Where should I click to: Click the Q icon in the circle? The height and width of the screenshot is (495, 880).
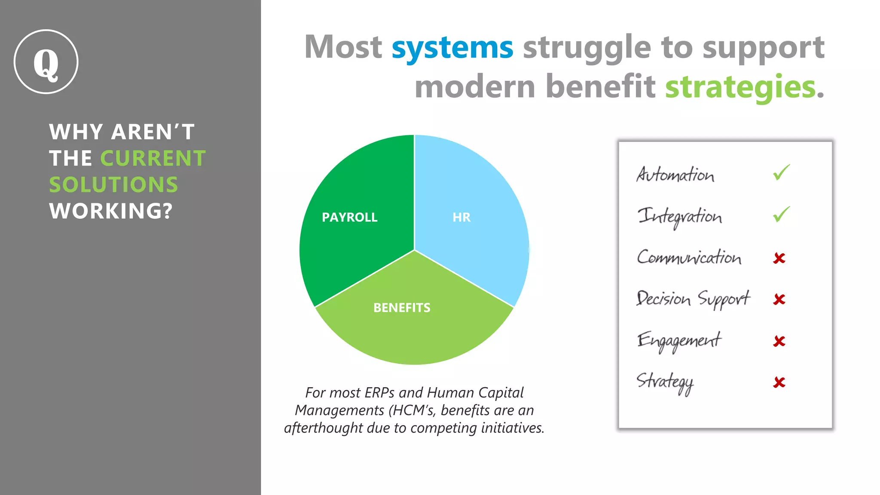[46, 62]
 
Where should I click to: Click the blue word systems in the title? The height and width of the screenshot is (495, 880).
[452, 48]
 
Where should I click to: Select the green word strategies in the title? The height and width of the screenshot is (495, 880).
[740, 87]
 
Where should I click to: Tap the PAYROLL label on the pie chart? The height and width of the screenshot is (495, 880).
[349, 217]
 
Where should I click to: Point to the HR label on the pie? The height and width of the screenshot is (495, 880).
[461, 217]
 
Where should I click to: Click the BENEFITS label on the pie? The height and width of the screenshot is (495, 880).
[402, 308]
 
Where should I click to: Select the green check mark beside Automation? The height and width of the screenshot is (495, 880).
[781, 173]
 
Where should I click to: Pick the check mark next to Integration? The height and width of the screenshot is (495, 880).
[781, 214]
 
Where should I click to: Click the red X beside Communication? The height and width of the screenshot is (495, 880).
[779, 258]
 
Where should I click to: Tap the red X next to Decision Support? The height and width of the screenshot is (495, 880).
[779, 299]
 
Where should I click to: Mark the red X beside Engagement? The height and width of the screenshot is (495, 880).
[779, 341]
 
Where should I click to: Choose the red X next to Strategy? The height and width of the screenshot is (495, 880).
[779, 382]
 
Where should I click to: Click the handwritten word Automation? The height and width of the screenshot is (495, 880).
[675, 174]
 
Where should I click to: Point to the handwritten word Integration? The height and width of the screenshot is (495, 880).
[679, 216]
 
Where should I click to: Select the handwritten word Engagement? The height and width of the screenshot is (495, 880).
[679, 341]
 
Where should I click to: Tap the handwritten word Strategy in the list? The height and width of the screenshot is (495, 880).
[665, 382]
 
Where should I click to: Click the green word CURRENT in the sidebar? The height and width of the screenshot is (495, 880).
[153, 159]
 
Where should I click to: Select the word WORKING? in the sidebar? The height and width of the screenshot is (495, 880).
[111, 211]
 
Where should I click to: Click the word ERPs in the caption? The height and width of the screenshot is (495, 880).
[379, 393]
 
